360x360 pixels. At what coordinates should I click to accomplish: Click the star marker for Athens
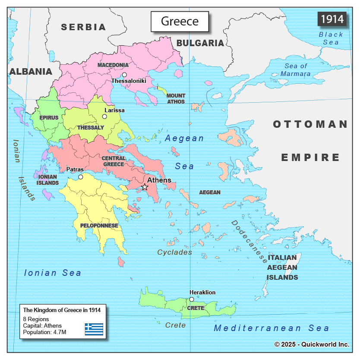point(145,187)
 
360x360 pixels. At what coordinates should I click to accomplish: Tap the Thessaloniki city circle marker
point(124,75)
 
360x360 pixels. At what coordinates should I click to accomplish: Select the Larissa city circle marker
point(104,117)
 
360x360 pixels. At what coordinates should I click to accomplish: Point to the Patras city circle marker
point(80,177)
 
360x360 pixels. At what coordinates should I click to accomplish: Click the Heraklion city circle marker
point(192,299)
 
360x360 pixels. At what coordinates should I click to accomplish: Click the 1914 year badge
point(332,19)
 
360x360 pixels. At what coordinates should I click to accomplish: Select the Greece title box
point(180,21)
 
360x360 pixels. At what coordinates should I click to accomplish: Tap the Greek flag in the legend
point(94,329)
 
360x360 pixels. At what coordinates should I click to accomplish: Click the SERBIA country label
point(83,27)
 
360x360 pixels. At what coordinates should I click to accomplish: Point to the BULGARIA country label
point(200,43)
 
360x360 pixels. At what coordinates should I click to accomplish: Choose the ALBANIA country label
point(31,72)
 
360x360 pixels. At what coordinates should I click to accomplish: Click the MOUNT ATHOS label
point(176,98)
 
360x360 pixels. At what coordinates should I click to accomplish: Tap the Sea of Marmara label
point(296,69)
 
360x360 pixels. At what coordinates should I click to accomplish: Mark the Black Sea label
point(331,38)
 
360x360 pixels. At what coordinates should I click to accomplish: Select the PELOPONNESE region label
point(99,225)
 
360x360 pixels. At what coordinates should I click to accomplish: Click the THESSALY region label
point(91,127)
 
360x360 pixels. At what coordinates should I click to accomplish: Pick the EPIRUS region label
point(49,117)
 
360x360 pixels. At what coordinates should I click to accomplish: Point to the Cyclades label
point(174,252)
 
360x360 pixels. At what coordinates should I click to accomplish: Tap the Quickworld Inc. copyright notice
point(312,344)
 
